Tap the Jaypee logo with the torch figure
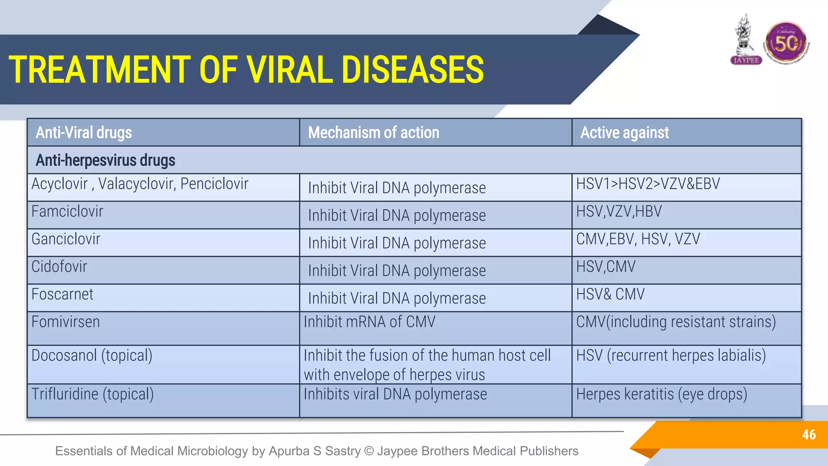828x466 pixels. tap(746, 40)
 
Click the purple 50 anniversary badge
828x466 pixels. tap(786, 43)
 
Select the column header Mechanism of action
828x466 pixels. tap(373, 133)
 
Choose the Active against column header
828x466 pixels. tap(624, 133)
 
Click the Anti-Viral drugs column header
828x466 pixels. tap(84, 133)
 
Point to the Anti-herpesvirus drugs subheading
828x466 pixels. tap(105, 160)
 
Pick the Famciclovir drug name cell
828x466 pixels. tap(67, 212)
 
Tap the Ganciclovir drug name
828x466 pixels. tap(65, 239)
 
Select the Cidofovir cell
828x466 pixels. tap(59, 267)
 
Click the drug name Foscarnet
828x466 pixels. tap(62, 294)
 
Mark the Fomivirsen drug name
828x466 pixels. tap(65, 322)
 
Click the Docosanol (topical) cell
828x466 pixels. tap(92, 356)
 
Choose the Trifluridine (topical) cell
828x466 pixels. tap(93, 394)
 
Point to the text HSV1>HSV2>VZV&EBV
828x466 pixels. tap(648, 184)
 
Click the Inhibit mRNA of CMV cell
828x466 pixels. tap(370, 322)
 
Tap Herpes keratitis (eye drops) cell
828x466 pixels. tap(661, 394)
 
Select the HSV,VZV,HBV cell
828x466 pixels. tap(619, 212)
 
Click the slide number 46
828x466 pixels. tap(809, 434)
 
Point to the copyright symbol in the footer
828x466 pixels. tap(369, 451)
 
